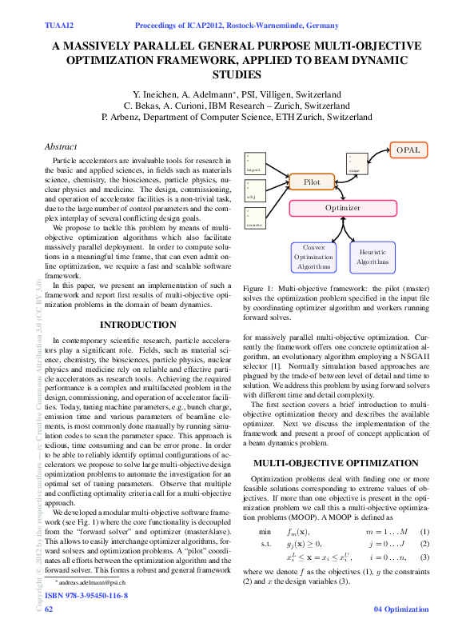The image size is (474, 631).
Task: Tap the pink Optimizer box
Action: [342, 208]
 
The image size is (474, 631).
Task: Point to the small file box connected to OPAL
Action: [356, 163]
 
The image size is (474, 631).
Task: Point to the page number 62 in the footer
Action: [49, 609]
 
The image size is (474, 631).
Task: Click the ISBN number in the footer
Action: [86, 596]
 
